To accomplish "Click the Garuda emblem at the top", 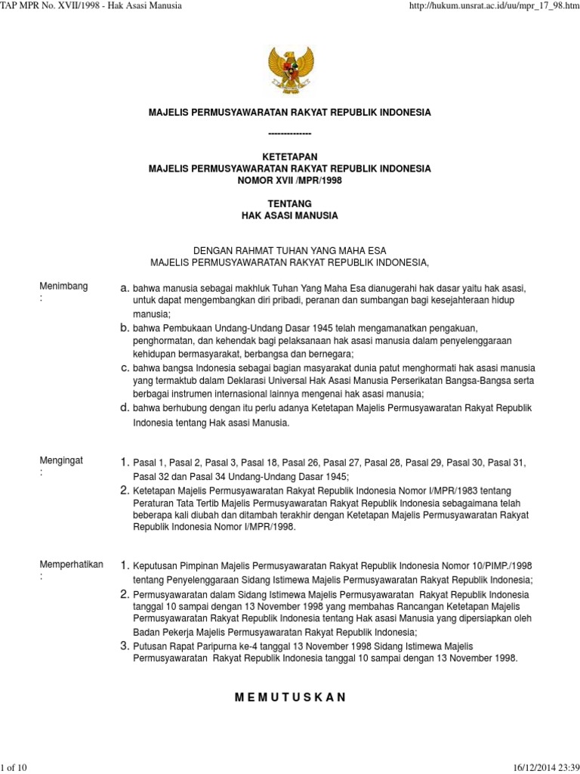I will [289, 70].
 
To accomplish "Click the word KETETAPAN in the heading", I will [289, 157].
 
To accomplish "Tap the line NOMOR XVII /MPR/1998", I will [289, 180].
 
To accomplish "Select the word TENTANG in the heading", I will [289, 204].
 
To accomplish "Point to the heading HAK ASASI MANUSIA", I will [289, 215].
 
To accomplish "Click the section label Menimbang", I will [63, 286].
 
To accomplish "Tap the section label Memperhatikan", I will [71, 565].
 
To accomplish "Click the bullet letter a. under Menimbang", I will [125, 288].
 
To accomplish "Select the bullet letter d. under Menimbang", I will [125, 407].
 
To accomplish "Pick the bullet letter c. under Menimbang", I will [125, 367].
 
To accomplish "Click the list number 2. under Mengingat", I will [125, 491].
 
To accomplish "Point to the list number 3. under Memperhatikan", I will [125, 646].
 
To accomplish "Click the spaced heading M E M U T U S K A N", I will [289, 697].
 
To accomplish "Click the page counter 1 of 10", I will [15, 767].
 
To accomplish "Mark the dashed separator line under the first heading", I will [289, 134].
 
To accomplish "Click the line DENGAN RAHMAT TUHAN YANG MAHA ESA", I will [289, 251].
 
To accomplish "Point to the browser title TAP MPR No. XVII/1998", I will [53, 7].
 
